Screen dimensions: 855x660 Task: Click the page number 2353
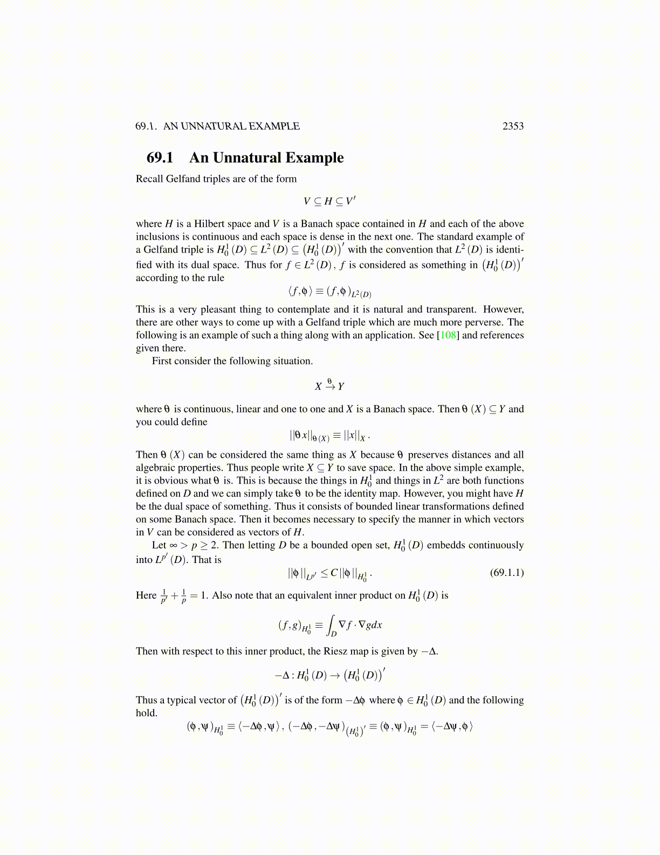pos(513,126)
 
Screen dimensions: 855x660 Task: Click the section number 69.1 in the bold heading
pos(160,158)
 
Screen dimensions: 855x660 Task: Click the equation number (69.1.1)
pos(506,572)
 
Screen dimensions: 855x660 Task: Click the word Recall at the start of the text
pos(149,179)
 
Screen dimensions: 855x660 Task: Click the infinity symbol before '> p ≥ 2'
pos(173,545)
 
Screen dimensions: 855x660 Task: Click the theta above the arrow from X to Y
pos(329,381)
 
